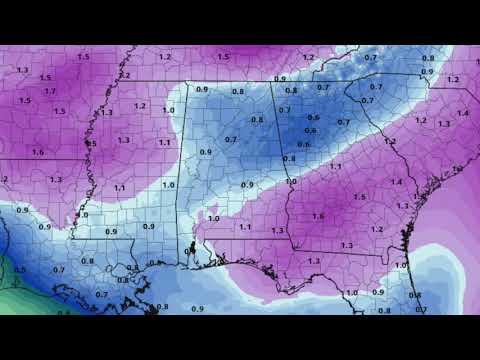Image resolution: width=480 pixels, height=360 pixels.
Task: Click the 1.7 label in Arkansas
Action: (x=50, y=90)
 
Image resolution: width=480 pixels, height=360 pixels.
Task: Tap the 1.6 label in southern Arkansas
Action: (x=37, y=152)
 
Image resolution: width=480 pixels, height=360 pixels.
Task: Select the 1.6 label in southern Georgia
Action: (x=318, y=216)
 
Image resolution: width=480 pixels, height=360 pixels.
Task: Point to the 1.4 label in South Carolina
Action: (x=463, y=113)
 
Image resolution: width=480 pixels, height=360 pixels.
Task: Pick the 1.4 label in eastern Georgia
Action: (x=397, y=182)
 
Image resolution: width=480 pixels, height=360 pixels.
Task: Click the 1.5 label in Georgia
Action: (x=360, y=197)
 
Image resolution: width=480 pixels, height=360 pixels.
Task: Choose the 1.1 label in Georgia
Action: (x=335, y=166)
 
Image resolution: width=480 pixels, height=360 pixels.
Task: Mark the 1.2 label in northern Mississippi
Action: (x=141, y=105)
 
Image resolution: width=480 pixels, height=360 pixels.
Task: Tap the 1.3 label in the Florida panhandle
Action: (x=314, y=262)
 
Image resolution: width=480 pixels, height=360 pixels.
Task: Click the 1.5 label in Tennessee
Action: (x=224, y=57)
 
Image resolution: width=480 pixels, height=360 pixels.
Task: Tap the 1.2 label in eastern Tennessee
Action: (x=308, y=57)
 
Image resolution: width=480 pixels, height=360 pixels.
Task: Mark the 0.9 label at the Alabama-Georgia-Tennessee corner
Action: (x=279, y=79)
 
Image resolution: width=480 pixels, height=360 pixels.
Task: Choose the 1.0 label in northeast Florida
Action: (x=400, y=265)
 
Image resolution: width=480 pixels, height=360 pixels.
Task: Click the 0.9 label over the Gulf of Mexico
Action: (x=196, y=308)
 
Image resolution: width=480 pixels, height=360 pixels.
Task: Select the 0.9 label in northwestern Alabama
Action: (x=202, y=90)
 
